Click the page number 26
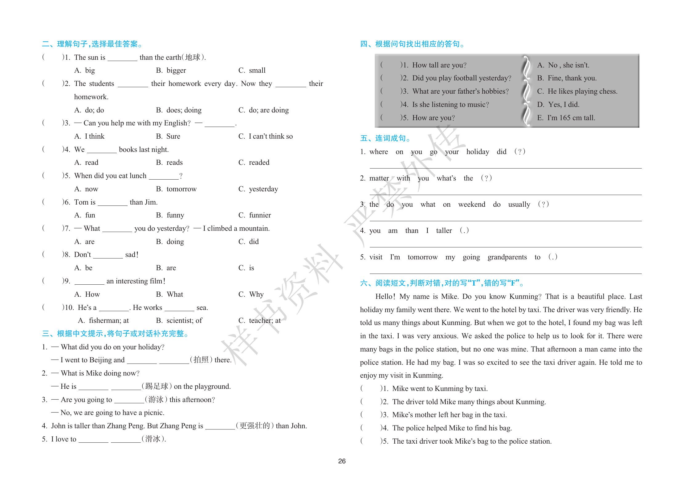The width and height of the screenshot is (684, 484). (x=342, y=461)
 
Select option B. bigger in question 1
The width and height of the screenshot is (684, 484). (x=171, y=71)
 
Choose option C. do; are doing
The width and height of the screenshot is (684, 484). (x=263, y=110)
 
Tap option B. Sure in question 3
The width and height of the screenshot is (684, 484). (x=168, y=136)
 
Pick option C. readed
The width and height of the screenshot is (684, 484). (x=254, y=163)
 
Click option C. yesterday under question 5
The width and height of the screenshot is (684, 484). (x=258, y=189)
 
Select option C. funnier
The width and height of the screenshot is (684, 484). (x=255, y=215)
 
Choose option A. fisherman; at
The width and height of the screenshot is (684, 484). (x=104, y=321)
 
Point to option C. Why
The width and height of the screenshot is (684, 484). (x=251, y=295)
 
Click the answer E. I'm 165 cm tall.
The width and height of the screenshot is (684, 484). (x=566, y=118)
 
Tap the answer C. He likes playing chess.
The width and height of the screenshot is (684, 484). (x=577, y=92)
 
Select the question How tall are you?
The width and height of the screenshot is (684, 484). (x=439, y=65)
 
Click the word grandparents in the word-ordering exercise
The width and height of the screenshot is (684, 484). (x=507, y=257)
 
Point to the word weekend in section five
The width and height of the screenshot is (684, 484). (x=471, y=205)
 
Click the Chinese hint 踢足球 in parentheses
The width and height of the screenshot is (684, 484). (x=157, y=387)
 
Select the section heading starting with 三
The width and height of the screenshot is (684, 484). (x=116, y=334)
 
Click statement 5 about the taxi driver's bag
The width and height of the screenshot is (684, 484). (x=471, y=441)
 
